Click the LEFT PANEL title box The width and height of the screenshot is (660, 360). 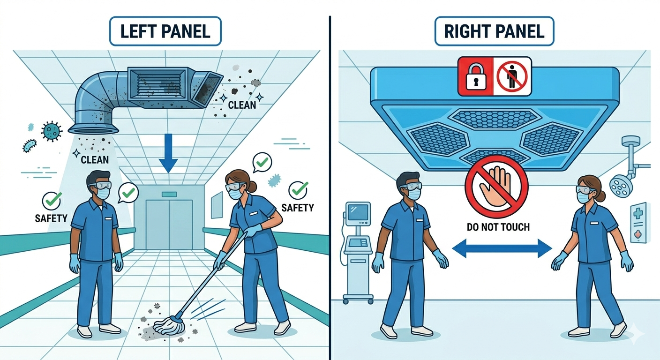click(x=165, y=31)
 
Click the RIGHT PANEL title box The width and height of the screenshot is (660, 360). click(x=494, y=31)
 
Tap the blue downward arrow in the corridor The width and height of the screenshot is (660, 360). click(x=168, y=153)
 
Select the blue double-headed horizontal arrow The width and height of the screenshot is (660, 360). click(x=502, y=248)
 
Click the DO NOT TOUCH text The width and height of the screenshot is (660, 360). click(x=498, y=227)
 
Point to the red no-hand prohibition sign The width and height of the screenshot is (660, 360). click(x=496, y=187)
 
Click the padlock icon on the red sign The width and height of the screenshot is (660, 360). click(x=476, y=77)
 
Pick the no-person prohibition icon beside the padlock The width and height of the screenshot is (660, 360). click(x=512, y=76)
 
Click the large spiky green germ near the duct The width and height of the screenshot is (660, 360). click(x=52, y=131)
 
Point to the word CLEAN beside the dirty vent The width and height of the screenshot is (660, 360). click(x=242, y=105)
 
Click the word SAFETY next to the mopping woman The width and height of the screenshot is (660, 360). click(x=298, y=208)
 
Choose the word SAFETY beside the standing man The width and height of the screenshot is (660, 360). click(x=51, y=218)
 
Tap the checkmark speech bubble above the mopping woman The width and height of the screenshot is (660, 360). click(x=262, y=162)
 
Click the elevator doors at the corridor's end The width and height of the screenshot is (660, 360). click(x=169, y=225)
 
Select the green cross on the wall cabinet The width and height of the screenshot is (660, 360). click(x=637, y=213)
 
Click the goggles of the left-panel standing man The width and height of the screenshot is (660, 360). click(x=100, y=185)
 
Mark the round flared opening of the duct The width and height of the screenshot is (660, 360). click(x=93, y=129)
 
